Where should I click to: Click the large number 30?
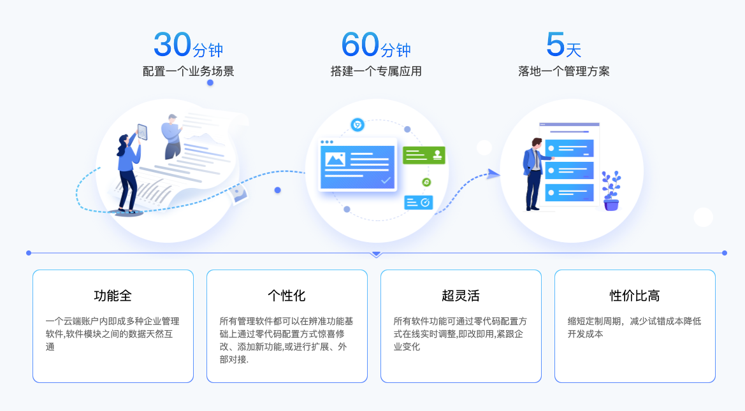pos(172,45)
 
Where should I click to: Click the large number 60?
pos(360,45)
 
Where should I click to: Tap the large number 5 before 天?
pos(555,45)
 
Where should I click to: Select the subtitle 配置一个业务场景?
pos(188,71)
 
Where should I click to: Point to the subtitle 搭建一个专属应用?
pos(375,71)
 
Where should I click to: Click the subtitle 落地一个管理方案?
pos(563,71)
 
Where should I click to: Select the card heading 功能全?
pos(113,296)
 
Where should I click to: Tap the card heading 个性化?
pos(287,296)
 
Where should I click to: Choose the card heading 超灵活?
pos(461,296)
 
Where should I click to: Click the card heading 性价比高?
pos(635,296)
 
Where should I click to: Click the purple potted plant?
pos(611,191)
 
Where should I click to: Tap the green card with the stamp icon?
pos(424,155)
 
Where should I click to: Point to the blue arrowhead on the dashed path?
pos(493,174)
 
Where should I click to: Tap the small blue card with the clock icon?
pos(419,203)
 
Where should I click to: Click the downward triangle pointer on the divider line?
pos(377,254)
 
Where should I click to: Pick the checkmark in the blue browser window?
pos(386,181)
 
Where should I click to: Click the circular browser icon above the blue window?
pos(358,125)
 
